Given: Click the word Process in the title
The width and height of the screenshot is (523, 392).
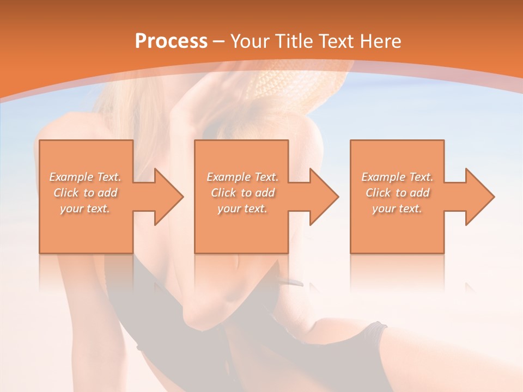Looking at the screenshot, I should pyautogui.click(x=171, y=41).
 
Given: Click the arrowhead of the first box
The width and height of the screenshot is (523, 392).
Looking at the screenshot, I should pyautogui.click(x=168, y=197).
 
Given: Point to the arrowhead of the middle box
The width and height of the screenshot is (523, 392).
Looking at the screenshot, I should pyautogui.click(x=324, y=197).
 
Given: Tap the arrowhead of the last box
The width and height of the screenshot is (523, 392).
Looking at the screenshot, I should pyautogui.click(x=479, y=197).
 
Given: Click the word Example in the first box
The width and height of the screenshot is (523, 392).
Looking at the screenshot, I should pyautogui.click(x=71, y=177).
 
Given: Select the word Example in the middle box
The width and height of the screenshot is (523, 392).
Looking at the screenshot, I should pyautogui.click(x=228, y=177).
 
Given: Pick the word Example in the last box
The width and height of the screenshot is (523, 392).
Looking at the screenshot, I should pyautogui.click(x=382, y=177).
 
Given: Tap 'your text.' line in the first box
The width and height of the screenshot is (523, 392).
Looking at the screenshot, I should pyautogui.click(x=85, y=209).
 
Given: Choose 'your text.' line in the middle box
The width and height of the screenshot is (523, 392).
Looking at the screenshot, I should pyautogui.click(x=242, y=209).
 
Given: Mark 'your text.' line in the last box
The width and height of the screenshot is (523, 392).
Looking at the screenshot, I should pyautogui.click(x=397, y=209).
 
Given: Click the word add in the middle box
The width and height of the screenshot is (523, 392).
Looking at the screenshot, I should pyautogui.click(x=264, y=193).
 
